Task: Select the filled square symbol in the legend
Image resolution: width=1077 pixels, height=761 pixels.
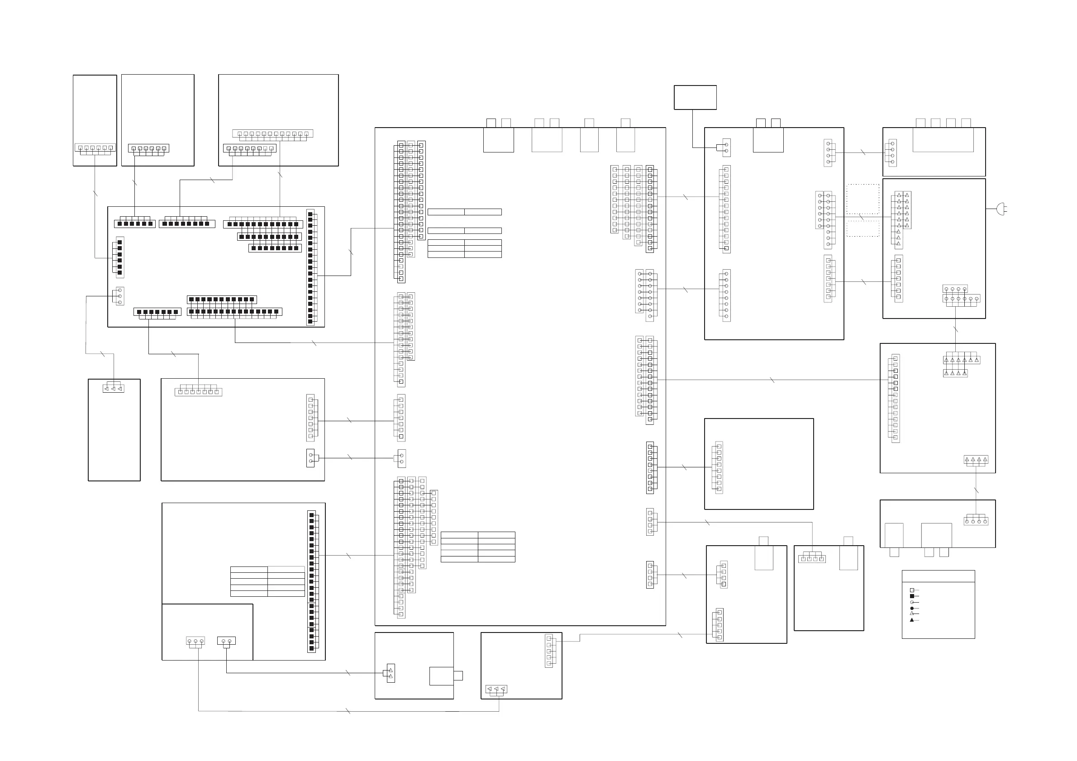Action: tap(912, 596)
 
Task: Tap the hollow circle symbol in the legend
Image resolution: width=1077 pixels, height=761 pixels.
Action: tap(912, 602)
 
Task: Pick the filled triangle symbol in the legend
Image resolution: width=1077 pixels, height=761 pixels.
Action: tap(912, 620)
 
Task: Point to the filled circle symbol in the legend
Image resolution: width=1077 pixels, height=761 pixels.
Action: tap(912, 608)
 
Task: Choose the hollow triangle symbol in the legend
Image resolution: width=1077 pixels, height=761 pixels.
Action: tap(912, 614)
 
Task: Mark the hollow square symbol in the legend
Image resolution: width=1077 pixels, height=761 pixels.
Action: tap(912, 590)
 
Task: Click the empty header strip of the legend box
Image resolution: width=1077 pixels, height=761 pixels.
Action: tap(938, 576)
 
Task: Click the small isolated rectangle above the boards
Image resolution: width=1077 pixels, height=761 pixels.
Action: tap(695, 98)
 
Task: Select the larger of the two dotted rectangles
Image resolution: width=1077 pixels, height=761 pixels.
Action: tap(863, 199)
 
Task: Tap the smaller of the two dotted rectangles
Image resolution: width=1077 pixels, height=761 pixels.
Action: tap(863, 229)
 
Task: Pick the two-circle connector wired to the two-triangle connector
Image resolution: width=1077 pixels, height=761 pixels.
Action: tap(227, 641)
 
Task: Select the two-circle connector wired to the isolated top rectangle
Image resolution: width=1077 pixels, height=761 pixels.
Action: tap(726, 147)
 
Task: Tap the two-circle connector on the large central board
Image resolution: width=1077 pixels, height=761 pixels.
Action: tap(401, 458)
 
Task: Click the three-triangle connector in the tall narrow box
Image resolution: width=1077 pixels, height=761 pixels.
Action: tap(113, 389)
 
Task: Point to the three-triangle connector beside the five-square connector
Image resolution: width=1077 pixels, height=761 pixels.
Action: tap(496, 689)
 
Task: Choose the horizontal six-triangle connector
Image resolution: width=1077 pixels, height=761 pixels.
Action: tap(962, 360)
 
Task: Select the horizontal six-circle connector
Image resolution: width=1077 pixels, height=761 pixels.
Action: tap(962, 299)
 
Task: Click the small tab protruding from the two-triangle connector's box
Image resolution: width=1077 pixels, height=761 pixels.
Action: tap(458, 675)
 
